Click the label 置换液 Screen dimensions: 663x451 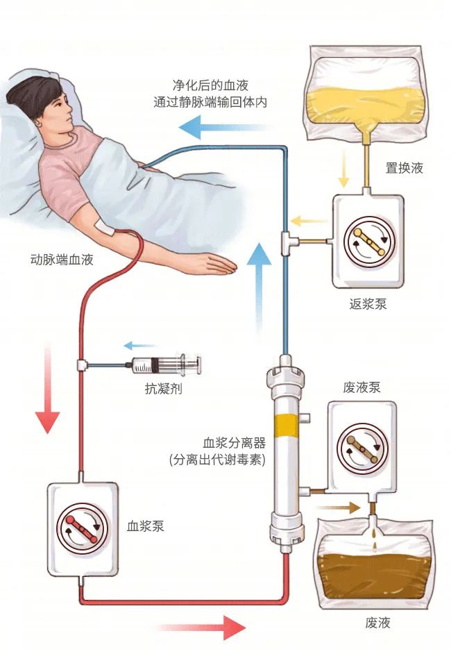point(404,168)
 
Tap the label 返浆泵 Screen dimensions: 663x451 point(367,304)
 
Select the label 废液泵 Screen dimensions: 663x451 point(361,387)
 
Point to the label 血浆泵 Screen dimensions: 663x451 point(146,526)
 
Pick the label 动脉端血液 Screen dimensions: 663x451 point(62,260)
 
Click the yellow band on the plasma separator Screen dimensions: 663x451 point(285,423)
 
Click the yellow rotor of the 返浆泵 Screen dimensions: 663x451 point(367,240)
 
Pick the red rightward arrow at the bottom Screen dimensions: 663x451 point(208,628)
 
